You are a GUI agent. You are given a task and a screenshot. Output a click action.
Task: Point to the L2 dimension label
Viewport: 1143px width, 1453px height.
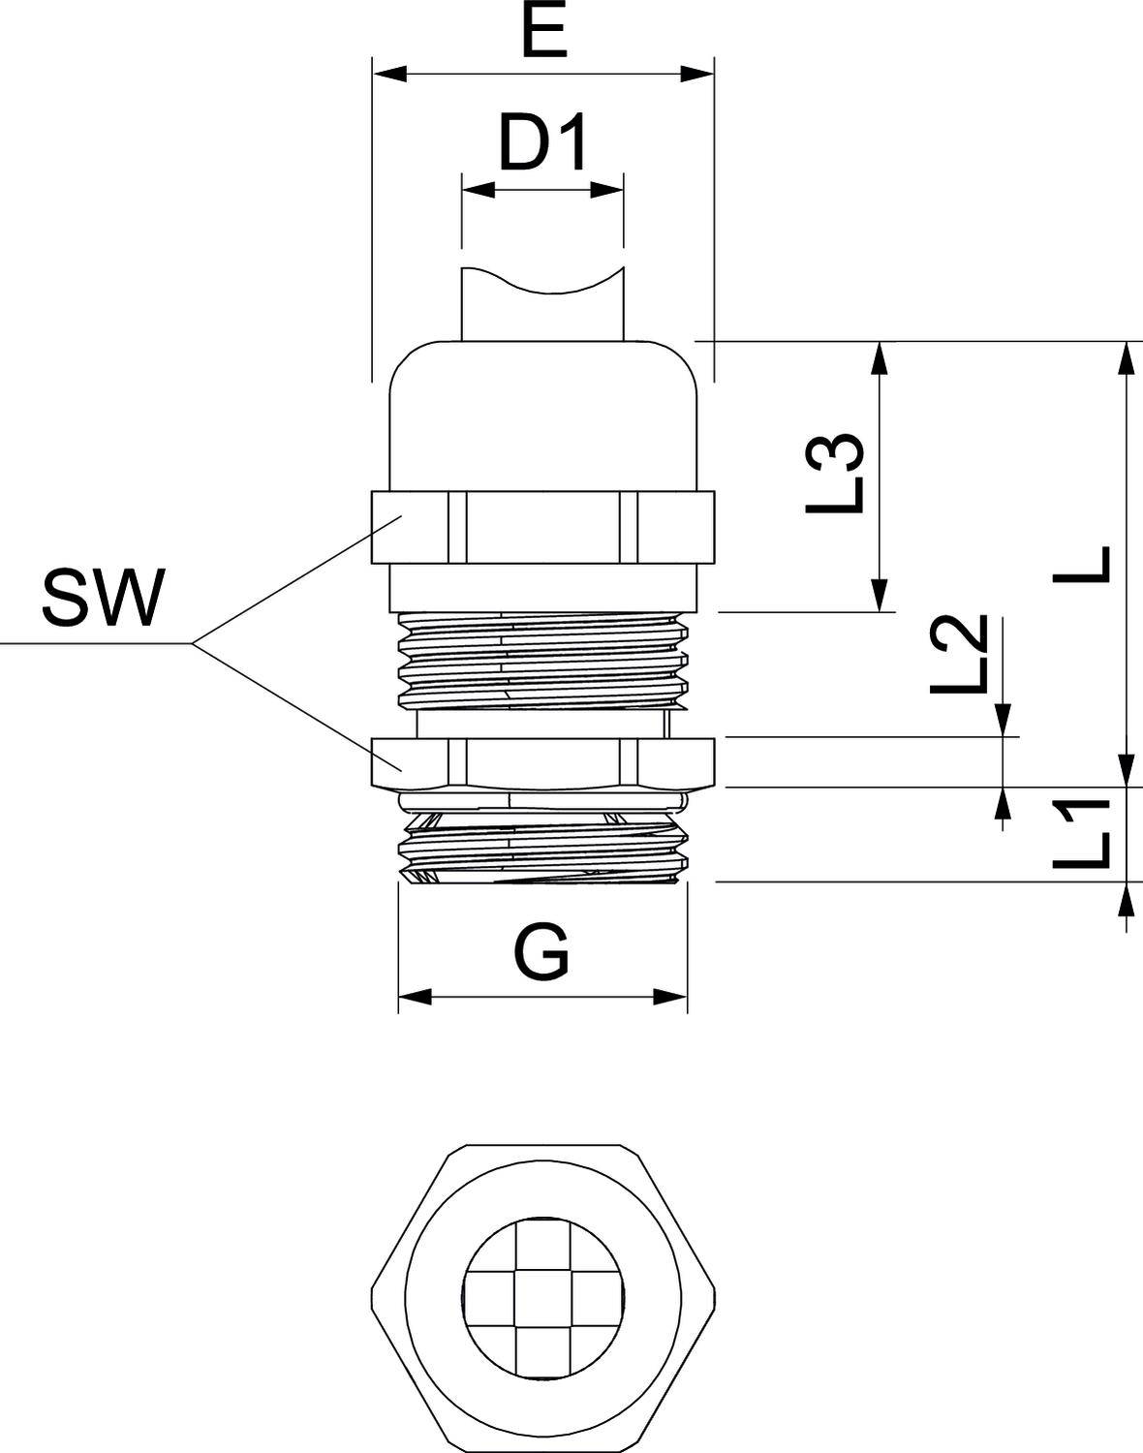tap(959, 655)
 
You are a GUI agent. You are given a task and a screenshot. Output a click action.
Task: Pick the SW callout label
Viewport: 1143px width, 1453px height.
tap(102, 598)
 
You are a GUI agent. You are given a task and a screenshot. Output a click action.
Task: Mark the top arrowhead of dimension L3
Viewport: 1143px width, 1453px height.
tap(880, 356)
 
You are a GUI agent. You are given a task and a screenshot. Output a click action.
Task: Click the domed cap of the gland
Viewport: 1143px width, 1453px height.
tap(542, 417)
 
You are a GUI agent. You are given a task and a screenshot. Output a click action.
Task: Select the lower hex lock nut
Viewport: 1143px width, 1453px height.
tap(542, 761)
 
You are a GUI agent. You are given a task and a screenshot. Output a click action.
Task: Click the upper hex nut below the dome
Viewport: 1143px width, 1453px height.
tap(542, 526)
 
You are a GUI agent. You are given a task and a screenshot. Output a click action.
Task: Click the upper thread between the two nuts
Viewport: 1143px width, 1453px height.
tap(542, 659)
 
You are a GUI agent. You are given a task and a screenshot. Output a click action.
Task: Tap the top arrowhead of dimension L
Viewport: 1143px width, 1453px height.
tap(1127, 356)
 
